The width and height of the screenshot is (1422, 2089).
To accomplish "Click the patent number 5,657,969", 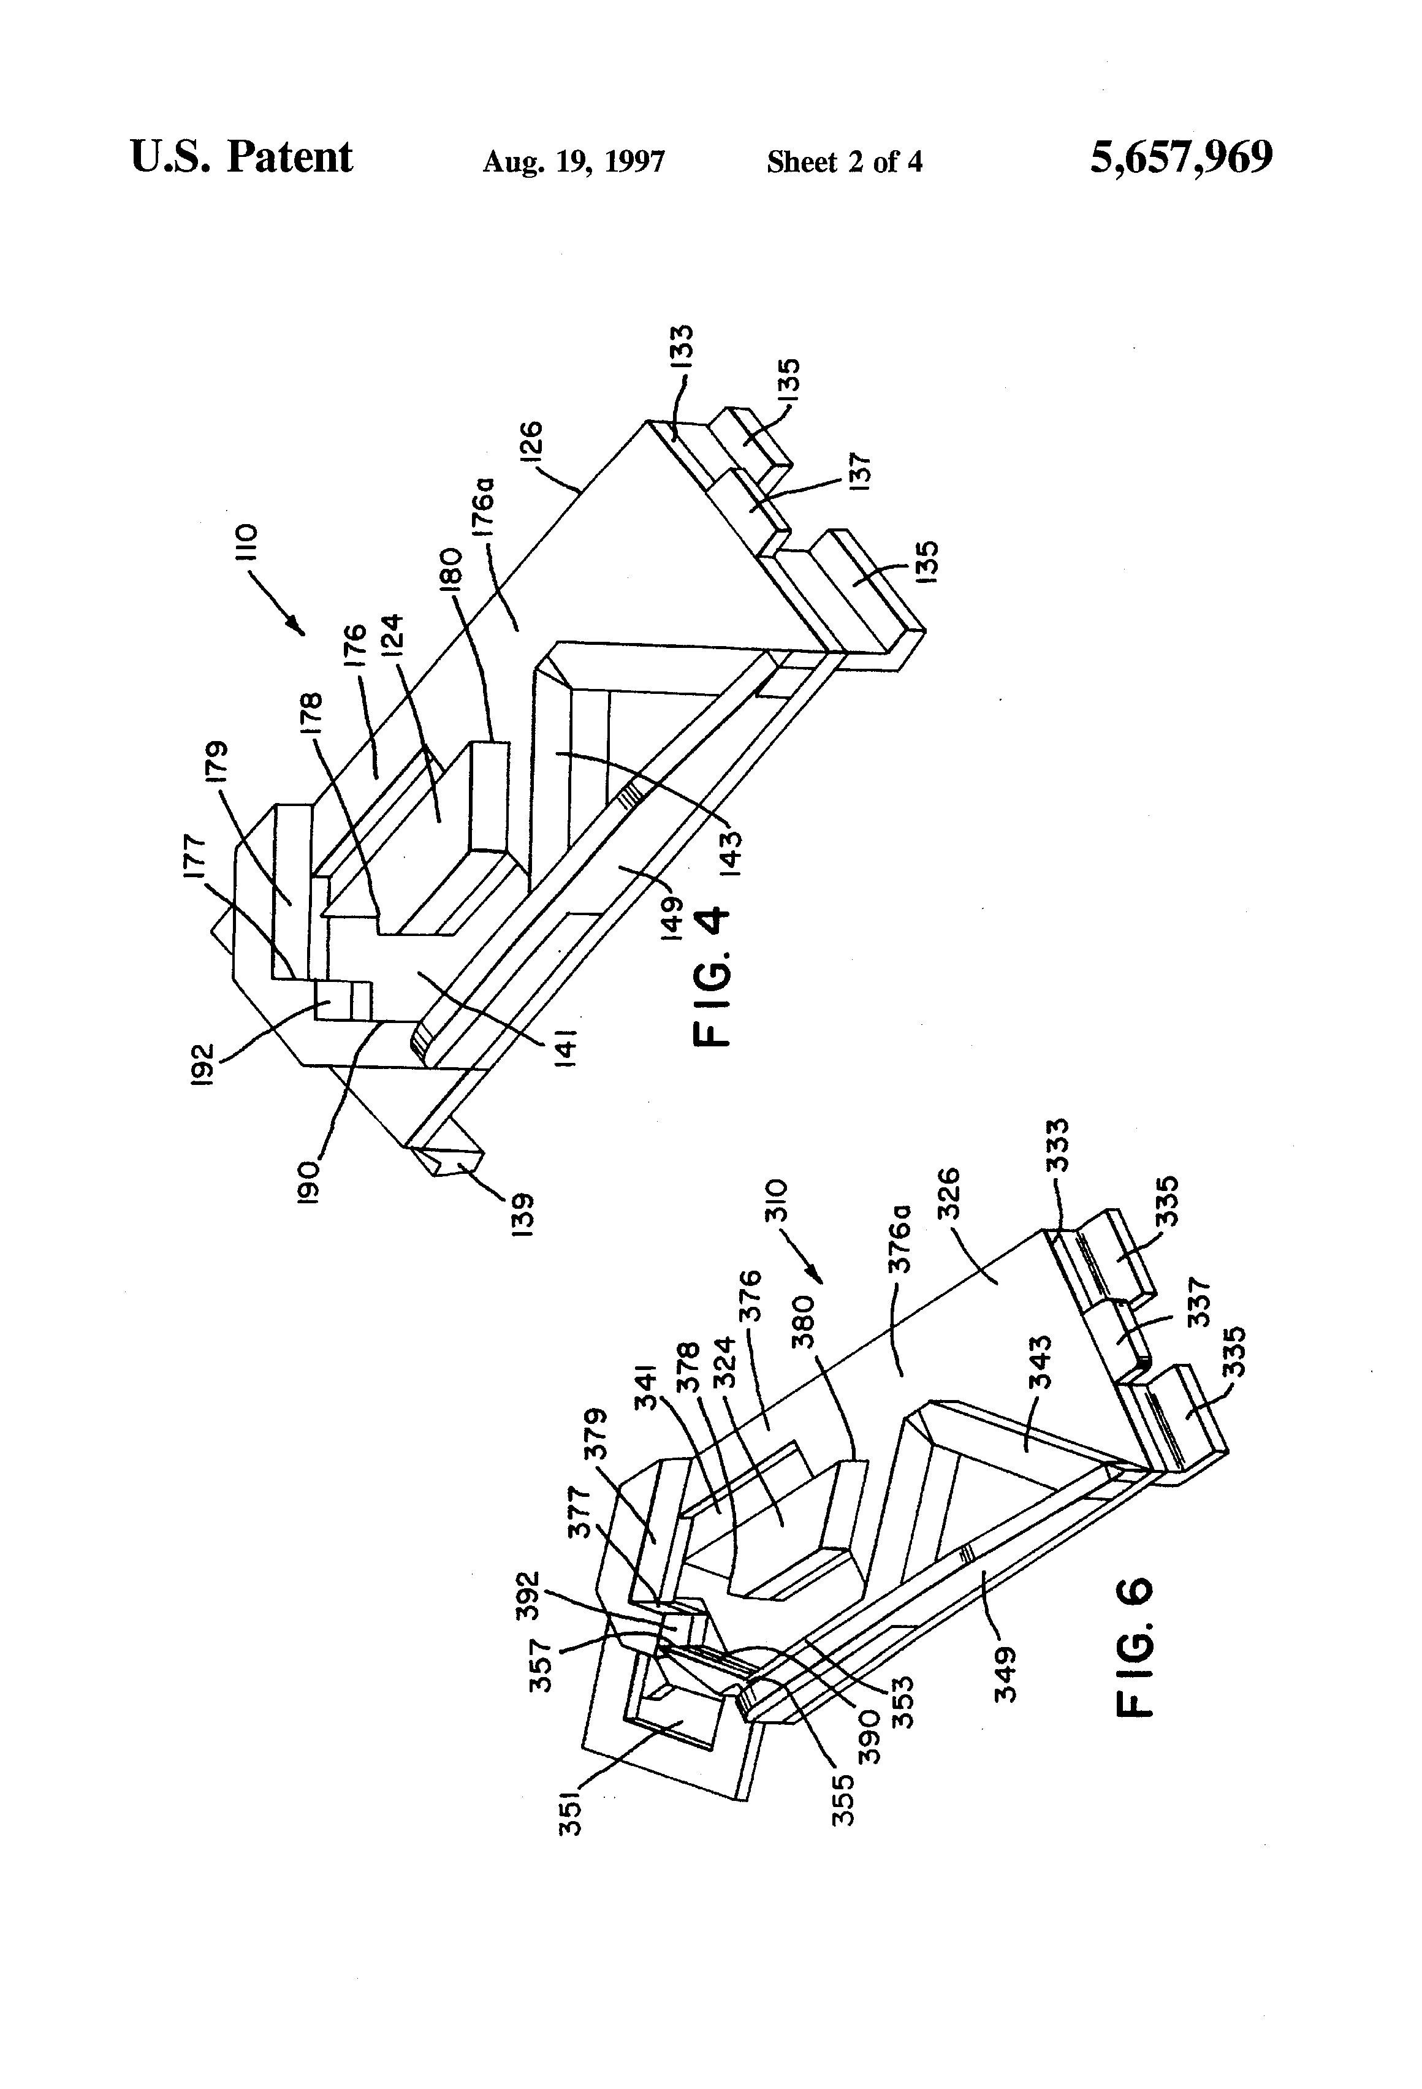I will pos(1181,158).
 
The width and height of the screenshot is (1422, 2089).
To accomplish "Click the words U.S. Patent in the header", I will pos(241,158).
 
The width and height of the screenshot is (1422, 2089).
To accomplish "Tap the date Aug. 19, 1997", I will pos(574,162).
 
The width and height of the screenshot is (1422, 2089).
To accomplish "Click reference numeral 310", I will pos(777,1198).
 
